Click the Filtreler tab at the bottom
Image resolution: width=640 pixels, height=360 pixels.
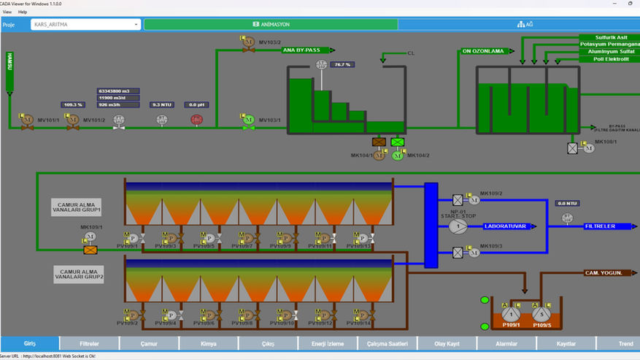click(89, 343)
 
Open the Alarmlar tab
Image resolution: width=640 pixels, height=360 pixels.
click(506, 343)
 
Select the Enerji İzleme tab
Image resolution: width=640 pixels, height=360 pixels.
click(327, 343)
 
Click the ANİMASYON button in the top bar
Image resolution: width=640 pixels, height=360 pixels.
click(271, 24)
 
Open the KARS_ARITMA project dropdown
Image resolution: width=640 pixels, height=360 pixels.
click(85, 24)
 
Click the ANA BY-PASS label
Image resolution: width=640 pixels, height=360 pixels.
click(307, 50)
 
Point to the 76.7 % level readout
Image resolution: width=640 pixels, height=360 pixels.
click(341, 65)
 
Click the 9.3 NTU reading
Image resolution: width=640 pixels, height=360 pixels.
click(161, 104)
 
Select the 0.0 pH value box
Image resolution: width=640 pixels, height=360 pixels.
click(196, 104)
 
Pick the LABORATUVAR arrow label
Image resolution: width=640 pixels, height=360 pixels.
click(508, 226)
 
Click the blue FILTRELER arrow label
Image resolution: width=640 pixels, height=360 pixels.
click(603, 226)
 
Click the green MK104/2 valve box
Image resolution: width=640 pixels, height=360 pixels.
click(398, 142)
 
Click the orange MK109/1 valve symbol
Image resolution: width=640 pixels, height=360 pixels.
click(90, 250)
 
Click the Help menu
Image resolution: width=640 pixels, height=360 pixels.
click(23, 12)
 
